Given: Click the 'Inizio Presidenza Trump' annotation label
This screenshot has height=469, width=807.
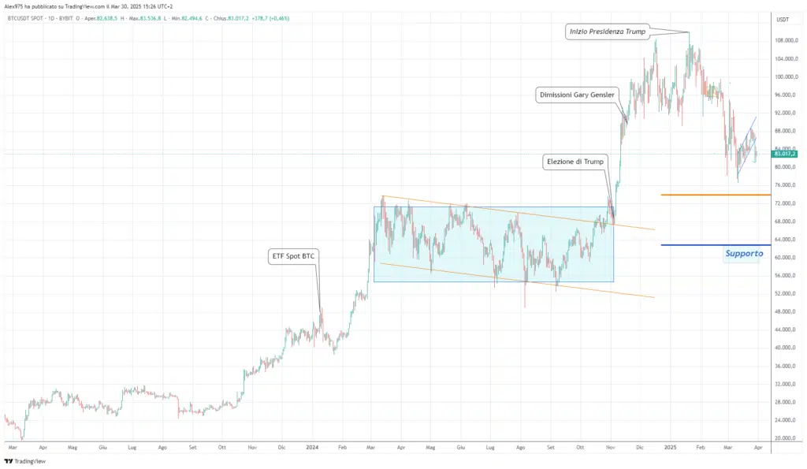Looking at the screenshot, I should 606,32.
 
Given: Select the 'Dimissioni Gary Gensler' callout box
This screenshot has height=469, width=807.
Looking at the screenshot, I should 577,95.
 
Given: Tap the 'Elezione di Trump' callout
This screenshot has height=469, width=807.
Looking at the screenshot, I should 576,162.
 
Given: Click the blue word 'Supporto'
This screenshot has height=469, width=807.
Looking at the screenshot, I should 744,254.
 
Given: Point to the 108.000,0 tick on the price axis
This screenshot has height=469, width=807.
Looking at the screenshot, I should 786,41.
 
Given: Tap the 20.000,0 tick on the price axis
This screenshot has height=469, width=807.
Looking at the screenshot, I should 786,438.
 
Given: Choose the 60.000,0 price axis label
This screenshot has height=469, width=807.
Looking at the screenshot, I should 786,258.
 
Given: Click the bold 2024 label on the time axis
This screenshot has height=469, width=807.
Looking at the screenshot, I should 313,447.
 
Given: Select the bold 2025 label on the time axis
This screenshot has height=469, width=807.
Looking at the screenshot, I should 671,447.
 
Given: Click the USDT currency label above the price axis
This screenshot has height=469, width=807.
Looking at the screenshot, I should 783,20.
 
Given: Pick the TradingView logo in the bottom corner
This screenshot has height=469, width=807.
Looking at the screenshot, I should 25,461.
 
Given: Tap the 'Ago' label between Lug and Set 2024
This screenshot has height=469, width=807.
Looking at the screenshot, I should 520,447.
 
